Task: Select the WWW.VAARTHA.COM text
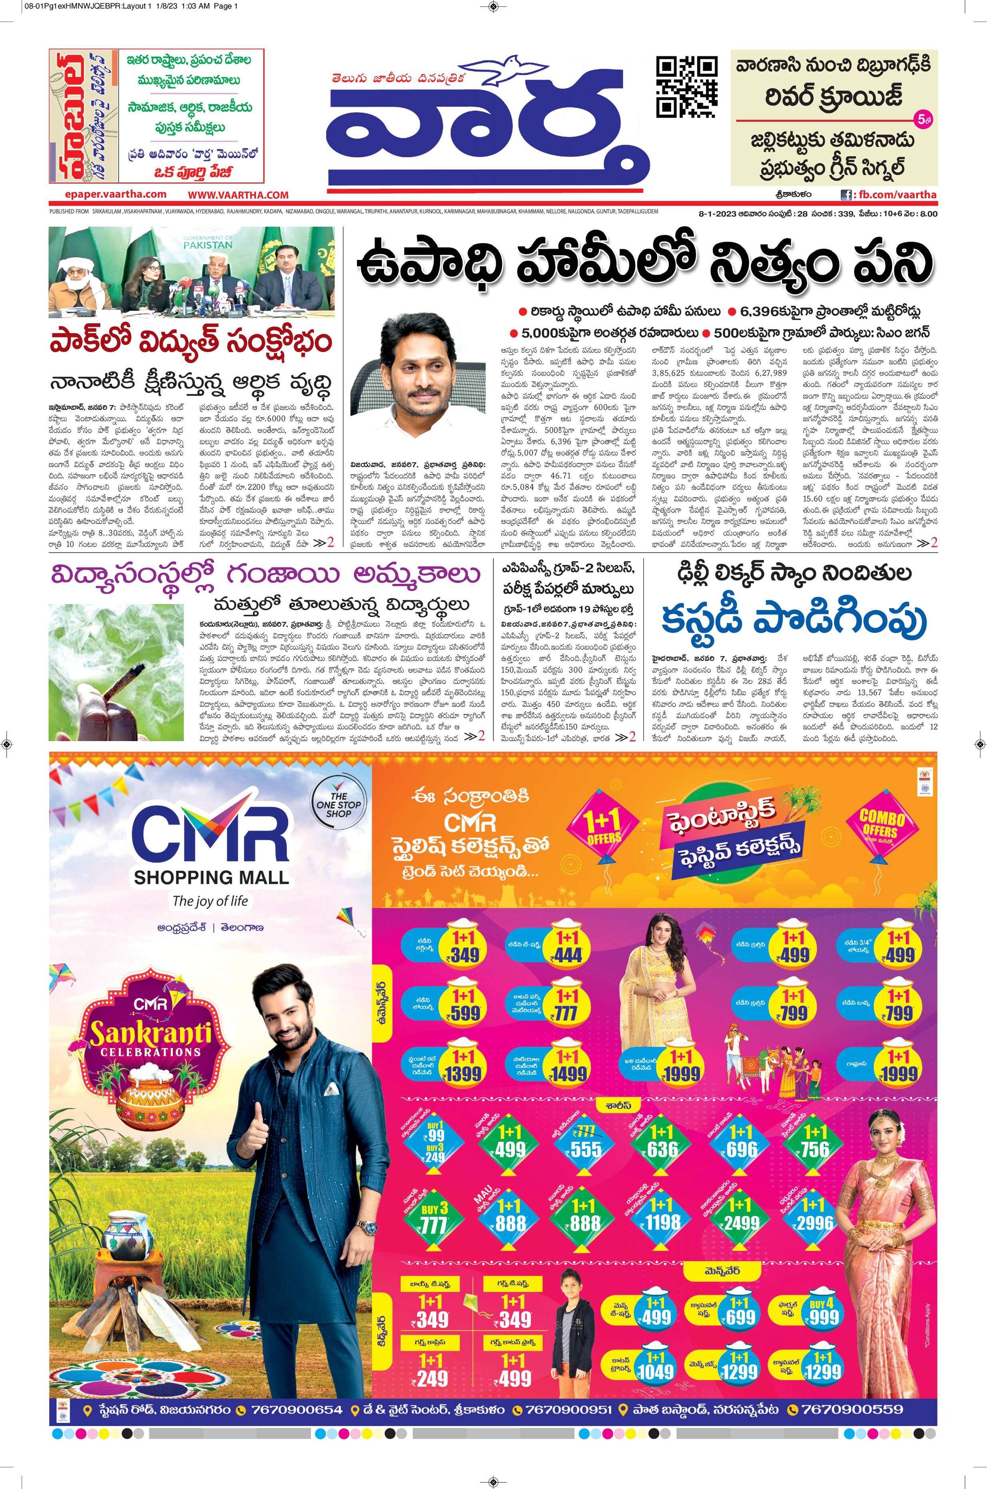click(238, 195)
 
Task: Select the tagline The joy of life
click(210, 901)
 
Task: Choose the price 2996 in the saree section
click(815, 1223)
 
